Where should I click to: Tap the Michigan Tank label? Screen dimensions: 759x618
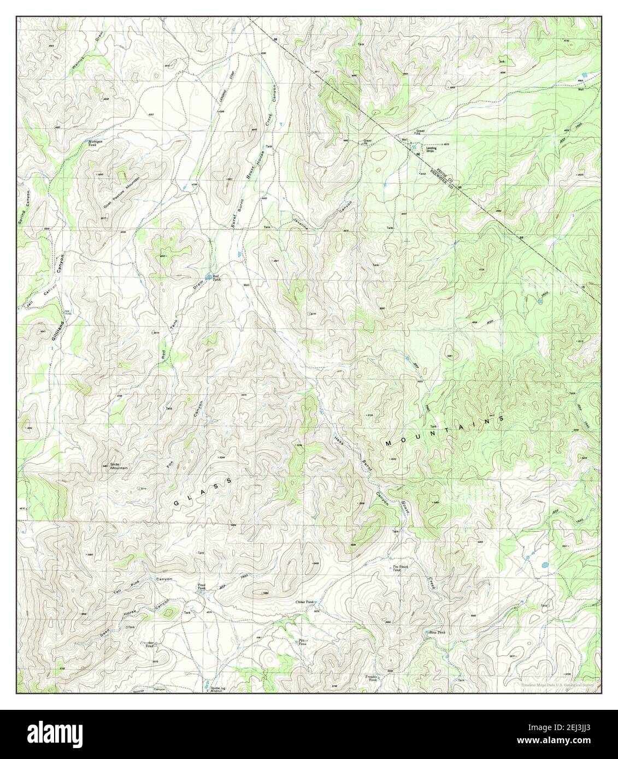click(x=96, y=143)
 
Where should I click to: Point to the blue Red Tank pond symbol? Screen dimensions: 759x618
click(x=210, y=277)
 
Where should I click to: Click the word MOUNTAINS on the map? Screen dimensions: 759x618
click(x=443, y=431)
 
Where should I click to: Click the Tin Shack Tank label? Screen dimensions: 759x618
click(x=401, y=568)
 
